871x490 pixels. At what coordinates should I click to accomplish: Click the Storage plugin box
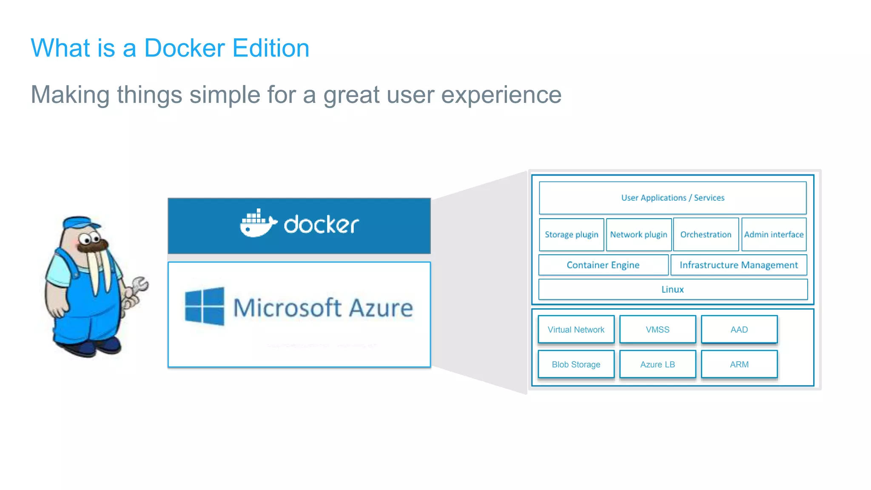(x=571, y=234)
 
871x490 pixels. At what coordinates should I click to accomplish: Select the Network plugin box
(x=638, y=234)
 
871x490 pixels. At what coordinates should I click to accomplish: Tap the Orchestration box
(x=706, y=234)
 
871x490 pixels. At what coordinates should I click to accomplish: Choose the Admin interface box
(x=774, y=234)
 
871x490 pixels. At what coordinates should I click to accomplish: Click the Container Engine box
(x=603, y=265)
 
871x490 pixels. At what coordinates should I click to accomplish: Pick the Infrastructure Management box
(x=739, y=265)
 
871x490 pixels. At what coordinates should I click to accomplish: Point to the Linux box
(x=672, y=289)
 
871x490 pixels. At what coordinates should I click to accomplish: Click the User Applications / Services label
(x=672, y=198)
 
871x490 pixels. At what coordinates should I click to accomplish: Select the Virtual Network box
(x=576, y=330)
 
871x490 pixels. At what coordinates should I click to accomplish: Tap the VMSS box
(x=658, y=330)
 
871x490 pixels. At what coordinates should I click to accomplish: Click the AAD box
(x=739, y=330)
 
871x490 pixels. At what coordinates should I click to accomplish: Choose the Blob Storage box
(x=576, y=365)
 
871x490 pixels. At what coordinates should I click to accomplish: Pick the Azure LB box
(x=658, y=365)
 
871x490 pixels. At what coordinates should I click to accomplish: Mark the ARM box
(x=739, y=365)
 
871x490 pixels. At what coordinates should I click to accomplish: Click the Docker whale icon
(x=258, y=224)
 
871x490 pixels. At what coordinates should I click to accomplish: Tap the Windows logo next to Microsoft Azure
(x=205, y=306)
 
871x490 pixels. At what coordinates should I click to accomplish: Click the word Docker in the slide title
(x=184, y=48)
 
